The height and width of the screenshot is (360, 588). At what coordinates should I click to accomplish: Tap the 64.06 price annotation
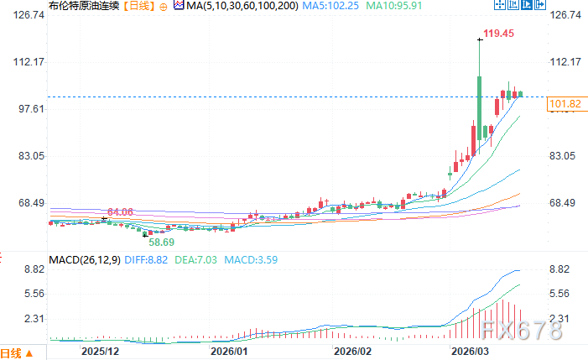click(x=121, y=212)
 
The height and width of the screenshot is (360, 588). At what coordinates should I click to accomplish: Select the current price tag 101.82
click(x=564, y=104)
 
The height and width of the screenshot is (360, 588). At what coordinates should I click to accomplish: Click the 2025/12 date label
click(x=99, y=351)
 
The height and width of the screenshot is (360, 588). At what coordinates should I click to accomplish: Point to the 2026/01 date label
click(x=228, y=351)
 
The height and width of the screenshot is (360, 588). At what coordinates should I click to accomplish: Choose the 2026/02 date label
click(x=351, y=351)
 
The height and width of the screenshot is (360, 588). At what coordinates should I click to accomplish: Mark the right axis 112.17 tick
click(x=564, y=62)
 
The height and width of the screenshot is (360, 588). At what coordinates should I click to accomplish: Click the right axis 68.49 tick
click(x=564, y=203)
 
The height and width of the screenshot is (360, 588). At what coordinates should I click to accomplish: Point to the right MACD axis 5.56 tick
click(x=564, y=294)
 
